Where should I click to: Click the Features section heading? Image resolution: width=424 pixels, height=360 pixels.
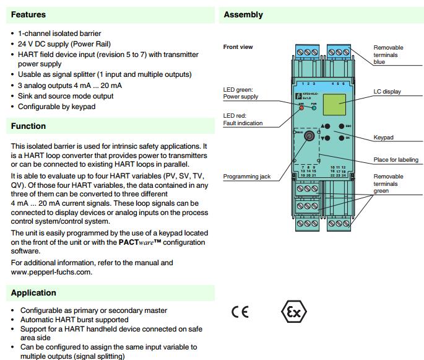coord(28,14)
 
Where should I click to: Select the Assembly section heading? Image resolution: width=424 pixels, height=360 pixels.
coord(243,14)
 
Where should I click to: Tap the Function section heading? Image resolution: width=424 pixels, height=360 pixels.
coord(28,126)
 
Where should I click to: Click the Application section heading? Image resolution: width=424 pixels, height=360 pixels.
coord(33,292)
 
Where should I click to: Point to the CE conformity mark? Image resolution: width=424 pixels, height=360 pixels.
coord(240,311)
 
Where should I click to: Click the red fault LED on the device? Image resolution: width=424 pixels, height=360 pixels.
coord(302,108)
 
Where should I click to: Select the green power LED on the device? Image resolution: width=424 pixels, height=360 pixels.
coord(313,108)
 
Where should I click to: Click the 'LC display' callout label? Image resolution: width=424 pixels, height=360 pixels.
coord(387,92)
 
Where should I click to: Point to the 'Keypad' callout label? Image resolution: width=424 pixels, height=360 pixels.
coord(384,138)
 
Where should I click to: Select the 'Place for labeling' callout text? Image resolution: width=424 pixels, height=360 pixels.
coord(396,160)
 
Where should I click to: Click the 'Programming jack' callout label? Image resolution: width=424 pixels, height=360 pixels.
coord(247,177)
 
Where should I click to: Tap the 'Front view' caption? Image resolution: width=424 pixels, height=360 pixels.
coord(238,47)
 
